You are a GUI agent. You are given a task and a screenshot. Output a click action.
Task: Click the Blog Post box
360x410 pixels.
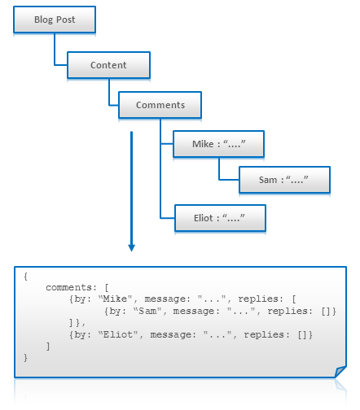pos(55,20)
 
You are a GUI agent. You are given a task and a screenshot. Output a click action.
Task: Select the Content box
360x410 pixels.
pos(108,65)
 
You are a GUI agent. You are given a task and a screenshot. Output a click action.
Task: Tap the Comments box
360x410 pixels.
pos(160,105)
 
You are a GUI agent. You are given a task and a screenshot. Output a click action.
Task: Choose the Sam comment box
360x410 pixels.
pos(284,180)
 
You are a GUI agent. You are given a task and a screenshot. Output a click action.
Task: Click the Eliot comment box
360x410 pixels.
pos(219,217)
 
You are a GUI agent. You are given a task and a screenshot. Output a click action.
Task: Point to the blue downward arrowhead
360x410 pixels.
pos(131,246)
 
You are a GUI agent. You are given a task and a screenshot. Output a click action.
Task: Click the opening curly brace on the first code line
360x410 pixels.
pos(26,277)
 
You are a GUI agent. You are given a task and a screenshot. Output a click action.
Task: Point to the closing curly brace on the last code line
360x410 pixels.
pos(26,358)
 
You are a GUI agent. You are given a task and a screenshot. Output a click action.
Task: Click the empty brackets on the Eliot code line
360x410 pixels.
pos(305,335)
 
